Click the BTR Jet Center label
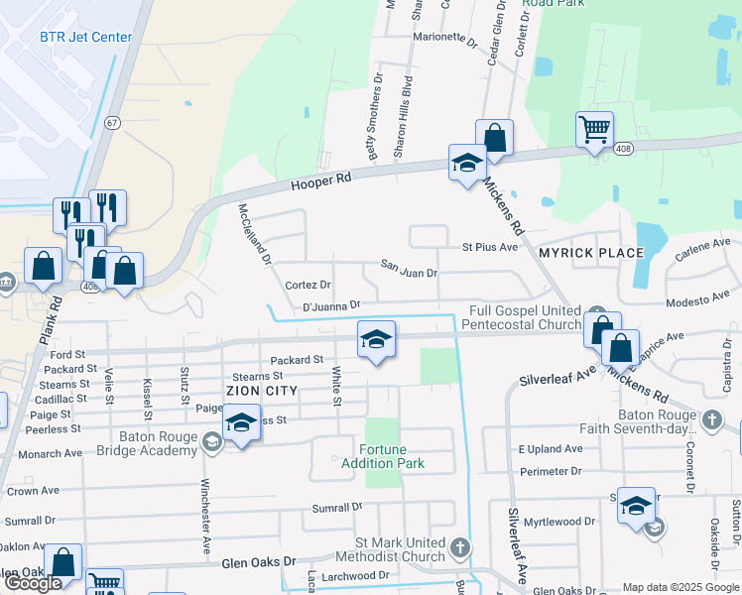[x=85, y=38]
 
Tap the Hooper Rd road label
[x=321, y=181]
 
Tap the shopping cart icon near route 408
[x=594, y=130]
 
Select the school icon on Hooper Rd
[x=467, y=164]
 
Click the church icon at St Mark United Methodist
[x=459, y=547]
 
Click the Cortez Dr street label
[x=307, y=285]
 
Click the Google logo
[x=33, y=583]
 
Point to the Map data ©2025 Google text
[x=680, y=587]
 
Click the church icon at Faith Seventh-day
[x=711, y=419]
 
